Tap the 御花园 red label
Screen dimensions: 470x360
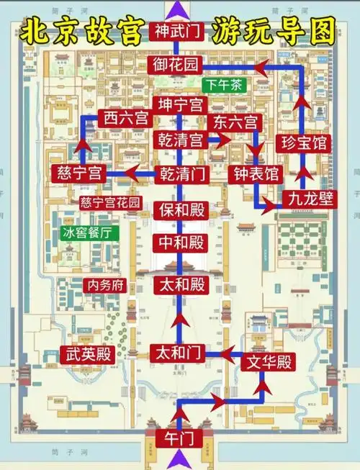tap(175, 65)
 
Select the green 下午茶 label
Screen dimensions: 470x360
tap(224, 85)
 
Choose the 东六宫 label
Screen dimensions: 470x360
tap(234, 122)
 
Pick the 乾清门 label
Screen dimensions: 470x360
tap(180, 173)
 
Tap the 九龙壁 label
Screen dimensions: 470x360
tap(310, 197)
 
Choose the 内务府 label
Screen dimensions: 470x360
tap(106, 284)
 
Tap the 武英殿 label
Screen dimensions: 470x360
tap(88, 353)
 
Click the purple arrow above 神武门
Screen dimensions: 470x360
tap(176, 9)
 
